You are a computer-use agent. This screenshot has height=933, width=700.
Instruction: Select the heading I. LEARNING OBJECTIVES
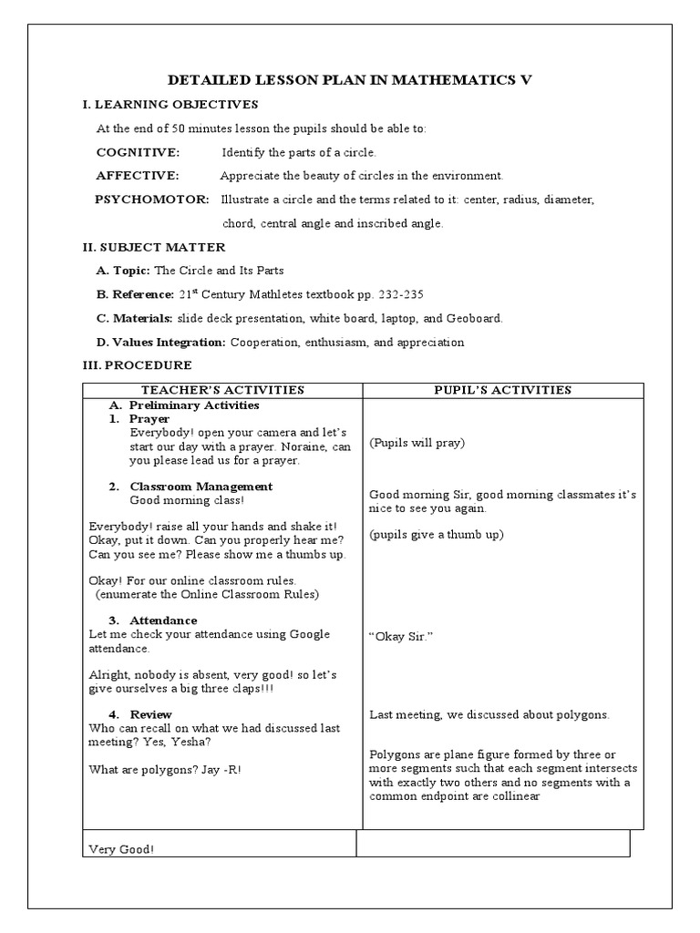tap(170, 105)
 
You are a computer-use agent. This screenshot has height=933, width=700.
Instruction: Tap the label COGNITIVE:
tap(138, 152)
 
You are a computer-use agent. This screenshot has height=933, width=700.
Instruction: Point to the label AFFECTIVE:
tap(138, 175)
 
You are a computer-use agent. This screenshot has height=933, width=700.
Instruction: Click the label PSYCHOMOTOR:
tap(151, 200)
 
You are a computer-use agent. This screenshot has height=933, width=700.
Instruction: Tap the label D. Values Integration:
tap(161, 343)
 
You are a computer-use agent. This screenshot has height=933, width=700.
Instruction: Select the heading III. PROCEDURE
tap(137, 365)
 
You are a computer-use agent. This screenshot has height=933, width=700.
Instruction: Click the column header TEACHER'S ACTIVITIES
tap(222, 390)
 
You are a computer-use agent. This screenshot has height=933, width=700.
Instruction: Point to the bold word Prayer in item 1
tap(149, 418)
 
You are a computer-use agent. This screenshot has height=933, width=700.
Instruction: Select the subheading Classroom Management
tap(201, 487)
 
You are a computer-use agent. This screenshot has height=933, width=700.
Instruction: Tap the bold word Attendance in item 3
tap(163, 620)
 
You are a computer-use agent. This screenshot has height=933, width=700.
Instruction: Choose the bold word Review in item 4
tap(150, 714)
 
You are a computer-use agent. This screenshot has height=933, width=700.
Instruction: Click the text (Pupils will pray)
tap(417, 443)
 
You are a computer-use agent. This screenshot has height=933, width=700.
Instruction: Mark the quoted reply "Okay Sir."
tap(400, 636)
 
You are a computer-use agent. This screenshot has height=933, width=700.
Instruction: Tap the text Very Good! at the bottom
tap(121, 850)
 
